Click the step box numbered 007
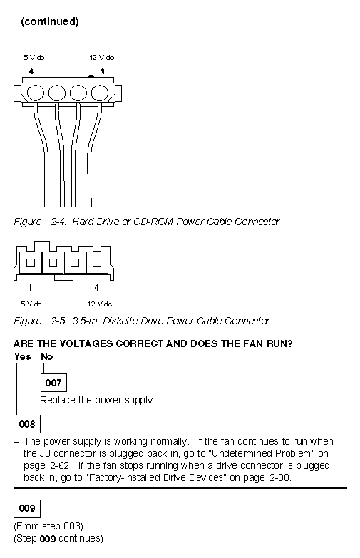(53, 383)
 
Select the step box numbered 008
(27, 424)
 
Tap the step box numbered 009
(27, 509)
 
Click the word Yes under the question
(22, 356)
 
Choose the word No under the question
(46, 356)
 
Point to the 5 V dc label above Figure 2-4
(34, 57)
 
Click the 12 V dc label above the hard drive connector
(102, 57)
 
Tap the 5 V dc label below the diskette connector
(31, 304)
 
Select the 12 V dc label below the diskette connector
(100, 304)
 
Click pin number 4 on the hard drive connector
(31, 71)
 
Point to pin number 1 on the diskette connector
(30, 287)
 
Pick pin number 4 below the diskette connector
(96, 287)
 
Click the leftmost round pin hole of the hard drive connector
(35, 93)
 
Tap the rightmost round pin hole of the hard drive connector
(100, 93)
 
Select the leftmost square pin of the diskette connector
(31, 263)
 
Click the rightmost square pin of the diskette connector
(97, 263)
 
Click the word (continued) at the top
(50, 21)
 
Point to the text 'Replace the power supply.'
(98, 400)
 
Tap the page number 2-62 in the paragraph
(58, 465)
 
